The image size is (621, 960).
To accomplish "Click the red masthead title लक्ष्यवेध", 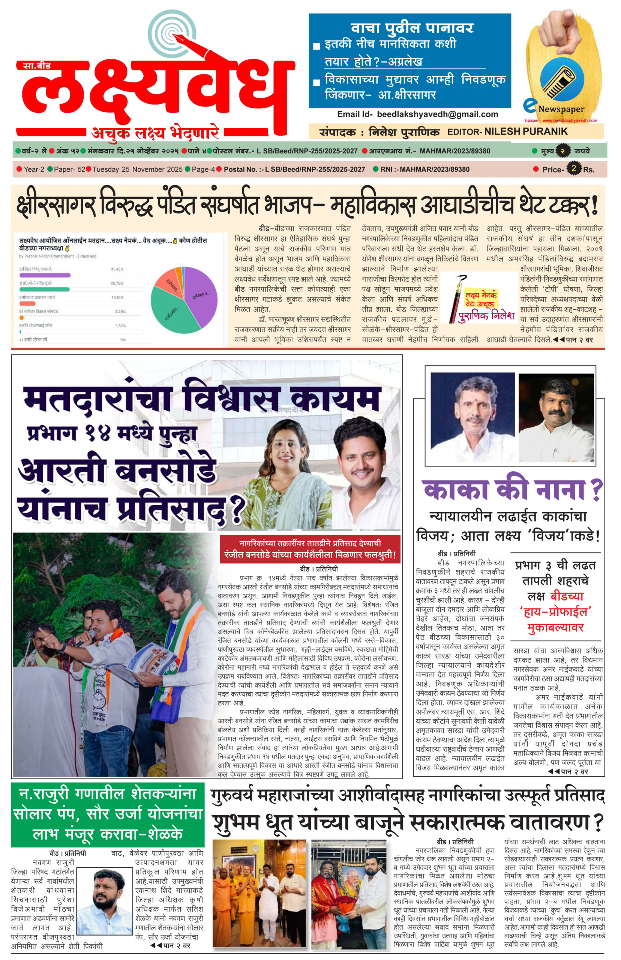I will pos(153,91).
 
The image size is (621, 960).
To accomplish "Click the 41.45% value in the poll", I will pos(117,269).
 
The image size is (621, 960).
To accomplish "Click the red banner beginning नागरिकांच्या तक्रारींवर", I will pos(310,549).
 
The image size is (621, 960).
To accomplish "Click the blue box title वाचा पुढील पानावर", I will pos(412,27).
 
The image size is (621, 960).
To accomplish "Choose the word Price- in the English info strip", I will pos(552,170).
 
